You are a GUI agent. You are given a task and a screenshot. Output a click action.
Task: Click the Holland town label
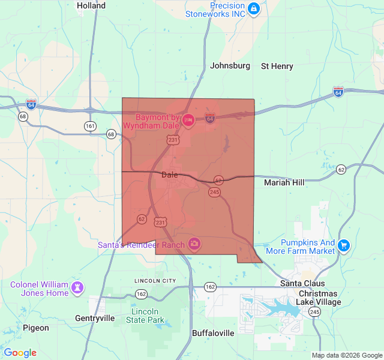pyautogui.click(x=91, y=6)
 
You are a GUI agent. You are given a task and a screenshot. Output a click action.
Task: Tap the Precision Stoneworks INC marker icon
pyautogui.click(x=254, y=8)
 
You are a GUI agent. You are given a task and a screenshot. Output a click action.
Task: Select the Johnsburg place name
pyautogui.click(x=230, y=66)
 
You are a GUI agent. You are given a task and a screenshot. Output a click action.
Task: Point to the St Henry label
pyautogui.click(x=277, y=66)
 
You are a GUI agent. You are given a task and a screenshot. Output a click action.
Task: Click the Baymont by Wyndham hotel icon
pyautogui.click(x=187, y=121)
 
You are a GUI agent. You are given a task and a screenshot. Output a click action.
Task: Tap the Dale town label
pyautogui.click(x=170, y=175)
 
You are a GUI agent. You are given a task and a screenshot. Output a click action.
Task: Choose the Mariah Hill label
pyautogui.click(x=284, y=182)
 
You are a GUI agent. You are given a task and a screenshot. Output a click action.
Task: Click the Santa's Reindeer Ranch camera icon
pyautogui.click(x=194, y=243)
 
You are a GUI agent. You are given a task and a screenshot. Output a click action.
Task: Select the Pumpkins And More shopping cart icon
pyautogui.click(x=343, y=245)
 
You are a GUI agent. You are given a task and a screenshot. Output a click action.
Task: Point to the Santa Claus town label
pyautogui.click(x=302, y=283)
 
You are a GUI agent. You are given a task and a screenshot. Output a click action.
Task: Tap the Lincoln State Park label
pyautogui.click(x=145, y=316)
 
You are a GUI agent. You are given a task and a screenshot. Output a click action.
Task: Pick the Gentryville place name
pyautogui.click(x=95, y=318)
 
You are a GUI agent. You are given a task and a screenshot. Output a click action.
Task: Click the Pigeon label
pyautogui.click(x=36, y=328)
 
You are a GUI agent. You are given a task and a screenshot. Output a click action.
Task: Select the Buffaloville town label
pyautogui.click(x=212, y=332)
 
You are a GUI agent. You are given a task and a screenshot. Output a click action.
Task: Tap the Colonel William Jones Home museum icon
pyautogui.click(x=77, y=287)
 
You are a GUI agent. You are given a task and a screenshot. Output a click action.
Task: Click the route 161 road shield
pyautogui.click(x=90, y=126)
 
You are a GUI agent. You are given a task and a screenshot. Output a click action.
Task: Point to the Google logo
pyautogui.click(x=20, y=353)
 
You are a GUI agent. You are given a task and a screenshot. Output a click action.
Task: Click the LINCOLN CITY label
pyautogui.click(x=155, y=281)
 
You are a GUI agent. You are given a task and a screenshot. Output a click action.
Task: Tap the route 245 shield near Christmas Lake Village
pyautogui.click(x=314, y=312)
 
